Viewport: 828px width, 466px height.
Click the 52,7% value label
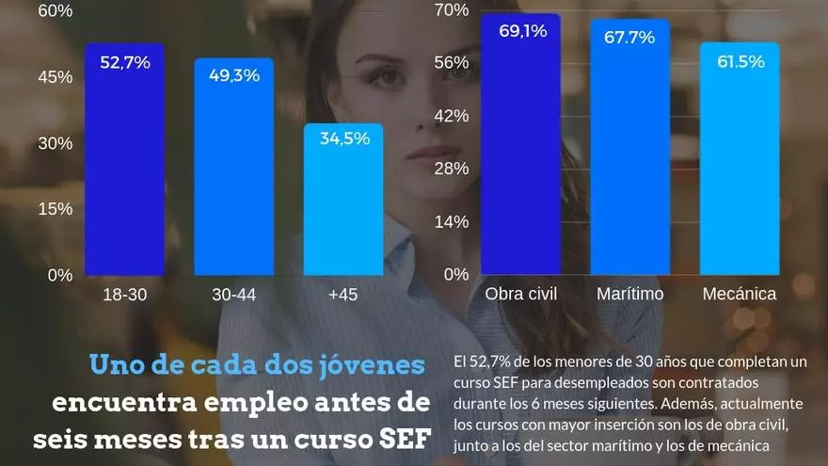(x=125, y=63)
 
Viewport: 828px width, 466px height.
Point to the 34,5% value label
(x=344, y=138)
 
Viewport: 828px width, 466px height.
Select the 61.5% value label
(x=740, y=61)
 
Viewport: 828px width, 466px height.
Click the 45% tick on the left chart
(x=55, y=77)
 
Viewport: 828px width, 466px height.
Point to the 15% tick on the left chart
(x=55, y=209)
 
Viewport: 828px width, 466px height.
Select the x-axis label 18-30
(x=124, y=295)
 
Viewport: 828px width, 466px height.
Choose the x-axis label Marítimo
(x=629, y=294)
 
